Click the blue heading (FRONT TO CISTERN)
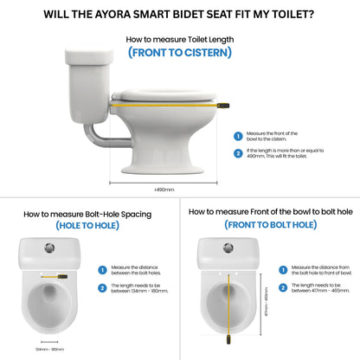point(179,52)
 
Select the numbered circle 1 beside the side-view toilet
point(238,136)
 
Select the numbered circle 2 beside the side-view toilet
point(238,154)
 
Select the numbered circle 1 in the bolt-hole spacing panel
point(101,270)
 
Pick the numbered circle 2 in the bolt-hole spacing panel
point(101,287)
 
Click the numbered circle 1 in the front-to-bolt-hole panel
point(282,269)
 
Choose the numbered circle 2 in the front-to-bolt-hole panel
point(282,286)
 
